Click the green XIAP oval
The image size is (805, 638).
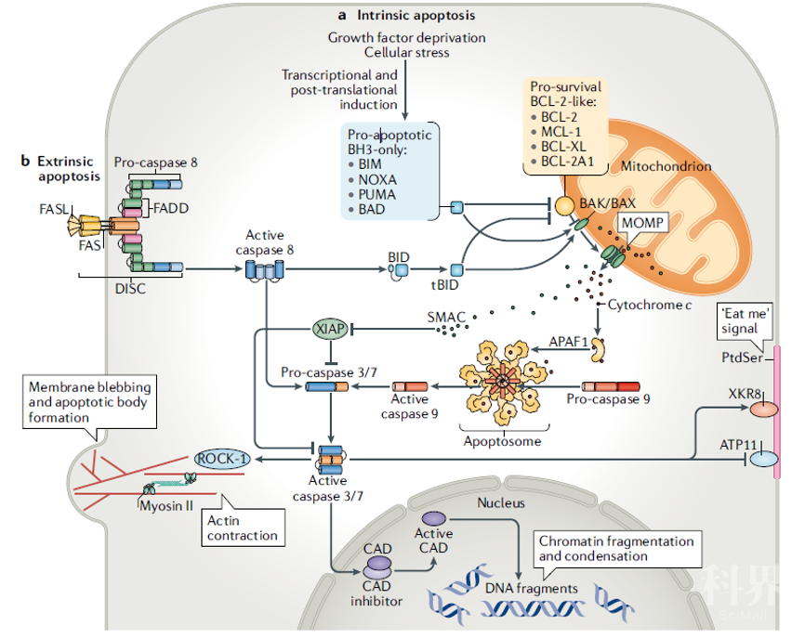[x=327, y=329]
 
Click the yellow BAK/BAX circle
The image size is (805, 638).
[x=564, y=206]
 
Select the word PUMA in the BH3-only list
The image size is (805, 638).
[x=376, y=194]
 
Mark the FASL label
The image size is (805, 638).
[x=53, y=209]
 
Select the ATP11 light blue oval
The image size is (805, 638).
[x=763, y=459]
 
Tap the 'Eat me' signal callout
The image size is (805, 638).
[x=746, y=321]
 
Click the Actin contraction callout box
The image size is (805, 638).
[x=242, y=527]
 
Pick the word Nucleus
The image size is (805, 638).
[x=501, y=502]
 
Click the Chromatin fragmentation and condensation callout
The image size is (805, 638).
[x=615, y=548]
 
